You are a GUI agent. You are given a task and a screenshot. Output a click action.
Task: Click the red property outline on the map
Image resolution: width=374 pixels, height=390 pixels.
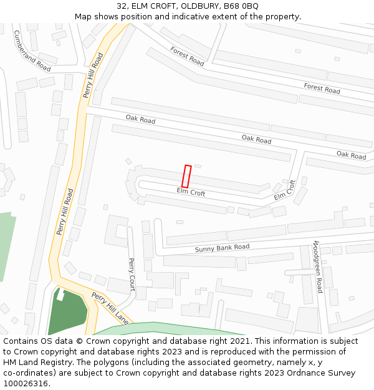(186, 176)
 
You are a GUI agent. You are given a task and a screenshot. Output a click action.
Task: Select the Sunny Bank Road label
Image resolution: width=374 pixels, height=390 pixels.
(222, 248)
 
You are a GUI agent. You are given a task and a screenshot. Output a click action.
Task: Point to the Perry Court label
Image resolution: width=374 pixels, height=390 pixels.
(132, 275)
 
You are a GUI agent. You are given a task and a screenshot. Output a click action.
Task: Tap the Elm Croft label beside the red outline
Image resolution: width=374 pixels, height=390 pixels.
(191, 192)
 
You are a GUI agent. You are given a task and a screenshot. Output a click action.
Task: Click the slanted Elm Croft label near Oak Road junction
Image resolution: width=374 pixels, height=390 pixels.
(284, 190)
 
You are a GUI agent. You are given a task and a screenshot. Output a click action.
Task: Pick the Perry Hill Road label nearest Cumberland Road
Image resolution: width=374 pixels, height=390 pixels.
(93, 75)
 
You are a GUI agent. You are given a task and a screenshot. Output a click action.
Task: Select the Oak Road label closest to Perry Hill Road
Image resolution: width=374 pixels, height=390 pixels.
(140, 119)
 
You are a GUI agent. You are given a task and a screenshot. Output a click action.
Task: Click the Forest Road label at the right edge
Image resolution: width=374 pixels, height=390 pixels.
(322, 88)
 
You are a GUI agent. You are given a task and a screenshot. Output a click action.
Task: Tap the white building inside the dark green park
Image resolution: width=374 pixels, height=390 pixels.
(60, 295)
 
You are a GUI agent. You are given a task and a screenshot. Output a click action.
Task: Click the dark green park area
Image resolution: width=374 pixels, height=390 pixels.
(72, 315)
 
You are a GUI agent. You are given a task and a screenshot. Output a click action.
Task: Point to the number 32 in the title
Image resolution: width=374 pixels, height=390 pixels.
(122, 6)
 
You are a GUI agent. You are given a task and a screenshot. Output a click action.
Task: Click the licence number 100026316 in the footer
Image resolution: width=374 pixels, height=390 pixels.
(26, 384)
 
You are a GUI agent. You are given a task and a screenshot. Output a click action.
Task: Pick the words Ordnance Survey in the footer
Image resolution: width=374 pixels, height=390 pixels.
(324, 373)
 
